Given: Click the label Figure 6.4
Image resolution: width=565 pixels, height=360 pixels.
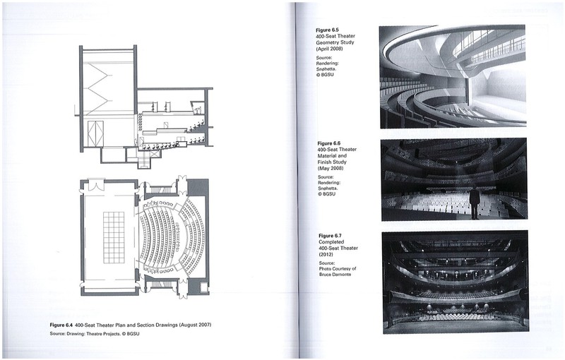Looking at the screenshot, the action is point(61,325).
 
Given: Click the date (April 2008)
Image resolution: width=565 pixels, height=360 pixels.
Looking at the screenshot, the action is point(329,49).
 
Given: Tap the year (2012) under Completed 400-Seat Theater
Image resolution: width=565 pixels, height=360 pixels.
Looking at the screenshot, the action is point(327,254).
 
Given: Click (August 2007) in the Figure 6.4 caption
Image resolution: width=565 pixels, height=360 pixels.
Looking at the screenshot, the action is point(195,325).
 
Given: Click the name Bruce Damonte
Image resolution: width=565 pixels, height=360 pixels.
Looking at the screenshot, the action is point(335,275).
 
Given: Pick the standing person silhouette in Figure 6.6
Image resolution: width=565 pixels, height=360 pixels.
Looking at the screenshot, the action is point(475,203).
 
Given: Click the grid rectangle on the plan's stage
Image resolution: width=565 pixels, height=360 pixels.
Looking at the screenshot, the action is point(114,238).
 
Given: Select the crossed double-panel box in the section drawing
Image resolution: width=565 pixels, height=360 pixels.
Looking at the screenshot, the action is point(95,133).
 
